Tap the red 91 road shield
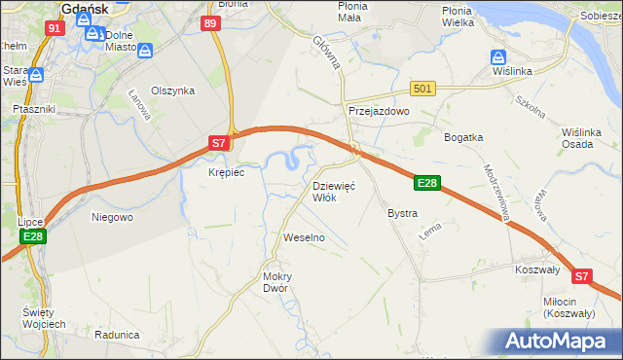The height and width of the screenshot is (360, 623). point(55,28)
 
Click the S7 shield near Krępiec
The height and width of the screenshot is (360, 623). point(220,144)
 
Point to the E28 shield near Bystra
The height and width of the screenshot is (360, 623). point(427,182)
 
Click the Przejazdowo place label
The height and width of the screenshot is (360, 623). point(380,112)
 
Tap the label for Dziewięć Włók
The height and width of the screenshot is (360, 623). point(334,191)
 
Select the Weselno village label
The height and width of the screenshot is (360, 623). point(303,237)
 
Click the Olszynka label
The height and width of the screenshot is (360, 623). point(173,90)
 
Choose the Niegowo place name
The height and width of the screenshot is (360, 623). point(112,217)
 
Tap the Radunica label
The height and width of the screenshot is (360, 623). point(118,334)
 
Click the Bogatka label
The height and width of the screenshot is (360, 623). point(464,137)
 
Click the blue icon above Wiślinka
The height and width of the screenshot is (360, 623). point(498,57)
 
